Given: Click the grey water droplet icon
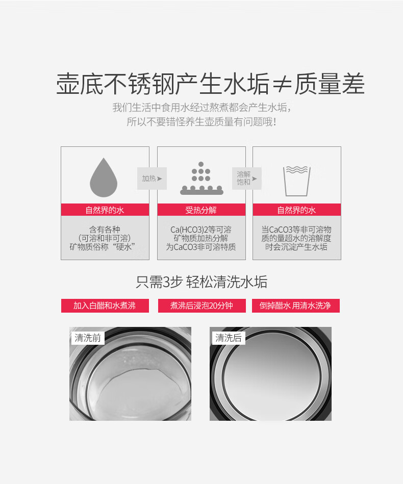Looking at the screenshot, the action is pos(104,179).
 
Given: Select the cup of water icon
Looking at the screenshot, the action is pos(297,181).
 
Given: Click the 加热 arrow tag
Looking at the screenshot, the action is pos(152,179).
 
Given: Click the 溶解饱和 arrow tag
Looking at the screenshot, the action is pos(247,179).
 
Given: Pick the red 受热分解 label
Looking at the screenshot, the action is pos(202,210).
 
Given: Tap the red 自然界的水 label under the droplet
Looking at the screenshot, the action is pos(105,210).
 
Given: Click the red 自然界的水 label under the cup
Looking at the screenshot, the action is pos(297,210).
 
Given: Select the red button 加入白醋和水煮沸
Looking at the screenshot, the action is pos(105,305).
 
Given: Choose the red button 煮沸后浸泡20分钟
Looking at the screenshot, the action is pos(202,305).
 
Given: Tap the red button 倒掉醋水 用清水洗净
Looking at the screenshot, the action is pos(296,305).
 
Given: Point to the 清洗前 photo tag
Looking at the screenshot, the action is pos(88,338).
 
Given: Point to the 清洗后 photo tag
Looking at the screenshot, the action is pos(229,338).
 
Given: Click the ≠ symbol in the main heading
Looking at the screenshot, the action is pos(282,84).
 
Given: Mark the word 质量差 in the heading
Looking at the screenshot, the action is pos(330,84).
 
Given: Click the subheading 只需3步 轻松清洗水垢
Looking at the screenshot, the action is pos(202,282).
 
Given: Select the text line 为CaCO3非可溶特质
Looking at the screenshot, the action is pos(201,247).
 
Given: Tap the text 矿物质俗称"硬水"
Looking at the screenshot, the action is pos(103,247).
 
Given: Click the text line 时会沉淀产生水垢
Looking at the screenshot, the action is pos(296,247).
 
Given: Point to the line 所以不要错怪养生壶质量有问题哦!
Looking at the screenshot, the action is pos(202,121).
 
